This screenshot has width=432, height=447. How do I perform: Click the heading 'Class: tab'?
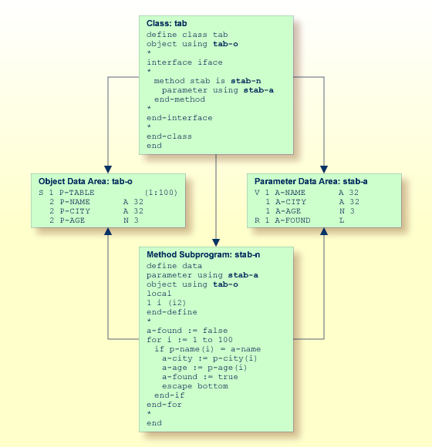[167, 24]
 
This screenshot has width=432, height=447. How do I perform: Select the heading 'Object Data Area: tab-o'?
[86, 181]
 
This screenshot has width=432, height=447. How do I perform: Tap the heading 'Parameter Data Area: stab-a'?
[311, 181]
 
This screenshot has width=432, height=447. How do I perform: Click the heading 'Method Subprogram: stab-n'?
[203, 254]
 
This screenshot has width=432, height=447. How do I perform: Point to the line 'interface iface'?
[184, 62]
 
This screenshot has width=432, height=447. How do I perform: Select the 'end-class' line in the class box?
[169, 136]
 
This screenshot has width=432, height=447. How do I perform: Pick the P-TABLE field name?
[77, 193]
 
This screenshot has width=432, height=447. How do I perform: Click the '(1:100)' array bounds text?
[160, 193]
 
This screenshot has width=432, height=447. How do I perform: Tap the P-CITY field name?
[75, 211]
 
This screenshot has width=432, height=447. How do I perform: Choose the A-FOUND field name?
[292, 220]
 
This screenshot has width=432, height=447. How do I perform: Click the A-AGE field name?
[290, 211]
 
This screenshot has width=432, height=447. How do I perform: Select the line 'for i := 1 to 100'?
[189, 340]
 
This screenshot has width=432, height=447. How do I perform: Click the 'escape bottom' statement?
[194, 385]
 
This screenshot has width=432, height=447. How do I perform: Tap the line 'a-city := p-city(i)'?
[209, 358]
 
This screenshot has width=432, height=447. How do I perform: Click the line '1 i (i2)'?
[167, 303]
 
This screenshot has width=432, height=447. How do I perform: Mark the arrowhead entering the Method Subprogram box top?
[216, 242]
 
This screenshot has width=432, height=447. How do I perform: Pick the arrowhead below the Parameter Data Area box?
[324, 232]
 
